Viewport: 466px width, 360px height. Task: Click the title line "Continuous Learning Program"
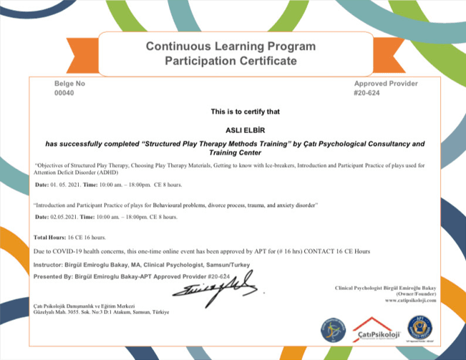[x=230, y=47]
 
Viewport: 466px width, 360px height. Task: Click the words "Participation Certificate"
[x=230, y=62]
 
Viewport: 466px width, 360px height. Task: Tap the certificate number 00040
[x=64, y=93]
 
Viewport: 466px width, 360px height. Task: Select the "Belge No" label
[x=69, y=84]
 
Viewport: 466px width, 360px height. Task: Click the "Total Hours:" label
[x=50, y=237]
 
